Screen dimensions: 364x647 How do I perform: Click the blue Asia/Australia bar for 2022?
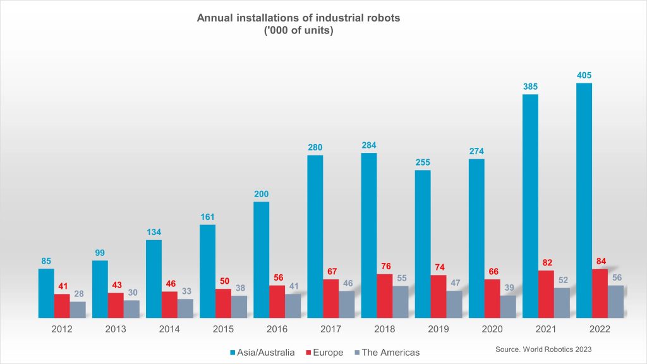tap(584, 200)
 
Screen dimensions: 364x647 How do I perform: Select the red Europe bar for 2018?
tap(384, 295)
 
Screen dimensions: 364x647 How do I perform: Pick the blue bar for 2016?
tap(261, 259)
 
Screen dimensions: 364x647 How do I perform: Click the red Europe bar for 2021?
tap(545, 294)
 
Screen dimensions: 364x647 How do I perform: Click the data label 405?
tap(584, 76)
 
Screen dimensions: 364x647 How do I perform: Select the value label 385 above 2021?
tap(530, 87)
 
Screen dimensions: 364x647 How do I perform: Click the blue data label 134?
tap(154, 232)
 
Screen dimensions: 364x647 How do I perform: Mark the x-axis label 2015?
tap(223, 329)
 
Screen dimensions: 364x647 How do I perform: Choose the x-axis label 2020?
tap(492, 329)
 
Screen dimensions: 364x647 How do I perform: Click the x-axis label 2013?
tap(116, 329)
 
